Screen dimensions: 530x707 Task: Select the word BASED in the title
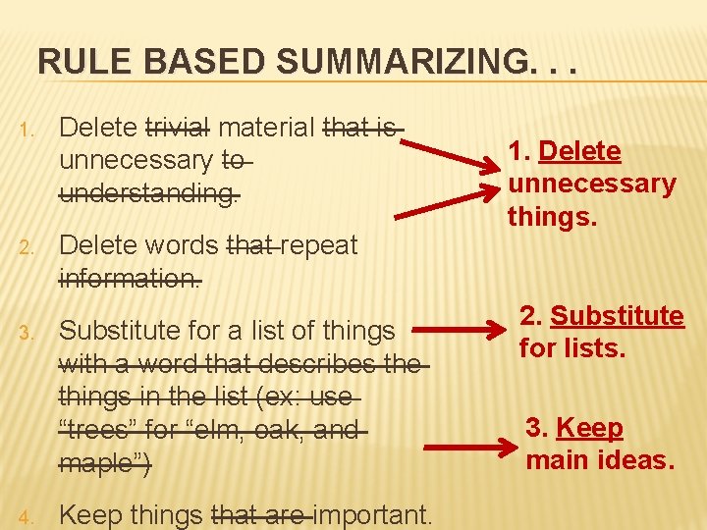197,62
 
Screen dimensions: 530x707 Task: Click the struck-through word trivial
178,128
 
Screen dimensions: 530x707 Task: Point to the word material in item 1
266,128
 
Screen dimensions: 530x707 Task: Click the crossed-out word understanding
148,192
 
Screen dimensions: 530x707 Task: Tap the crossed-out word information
131,278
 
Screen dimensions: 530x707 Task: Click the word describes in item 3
316,364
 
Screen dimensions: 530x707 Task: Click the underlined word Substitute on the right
617,316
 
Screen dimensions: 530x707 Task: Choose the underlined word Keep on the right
589,428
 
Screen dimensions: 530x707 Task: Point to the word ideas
638,459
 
